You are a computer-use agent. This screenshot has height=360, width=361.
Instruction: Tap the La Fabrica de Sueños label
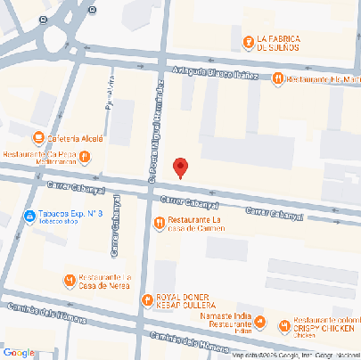tap(282, 43)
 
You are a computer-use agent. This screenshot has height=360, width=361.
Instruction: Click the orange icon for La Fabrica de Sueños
tap(248, 41)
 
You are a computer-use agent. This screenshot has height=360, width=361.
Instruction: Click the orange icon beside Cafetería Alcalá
tap(38, 137)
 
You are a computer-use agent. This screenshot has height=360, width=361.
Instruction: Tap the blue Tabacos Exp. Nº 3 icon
tap(29, 216)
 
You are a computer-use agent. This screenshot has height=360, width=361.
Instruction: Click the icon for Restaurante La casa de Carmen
tap(160, 223)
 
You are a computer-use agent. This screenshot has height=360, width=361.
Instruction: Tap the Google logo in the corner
tap(19, 353)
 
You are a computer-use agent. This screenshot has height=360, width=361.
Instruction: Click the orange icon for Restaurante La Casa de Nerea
tap(70, 281)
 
